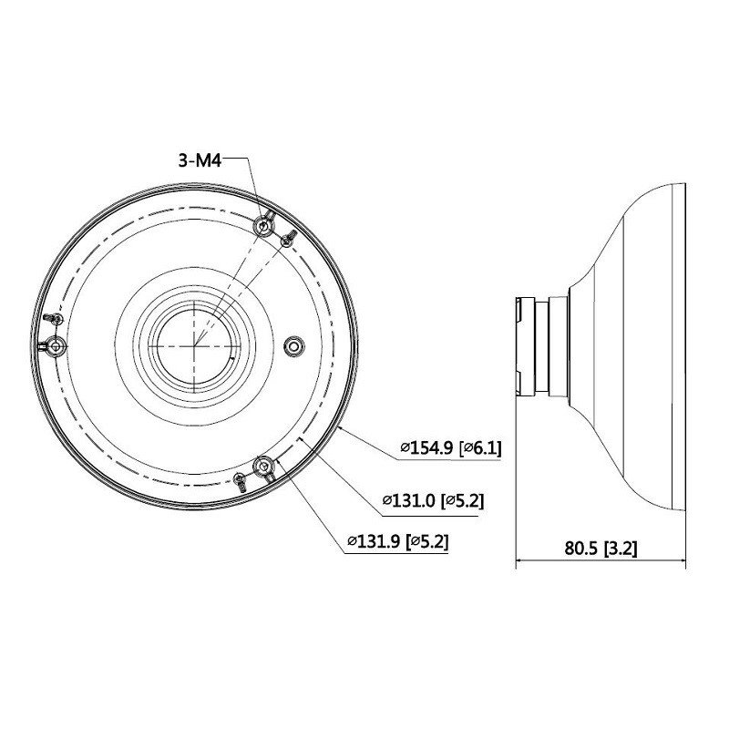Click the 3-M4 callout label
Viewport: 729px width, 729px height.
coord(200,160)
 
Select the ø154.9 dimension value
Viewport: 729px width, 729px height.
coord(426,448)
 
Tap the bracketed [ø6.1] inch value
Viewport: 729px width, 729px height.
coord(480,448)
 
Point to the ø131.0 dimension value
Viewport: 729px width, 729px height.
coord(408,500)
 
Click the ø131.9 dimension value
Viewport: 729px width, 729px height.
coord(374,541)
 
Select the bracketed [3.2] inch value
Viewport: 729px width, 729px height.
coord(621,549)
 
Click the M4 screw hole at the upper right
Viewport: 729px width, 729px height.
coord(263,227)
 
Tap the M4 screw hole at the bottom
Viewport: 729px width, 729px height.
coord(264,466)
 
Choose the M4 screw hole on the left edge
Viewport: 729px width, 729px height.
coord(56,346)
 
